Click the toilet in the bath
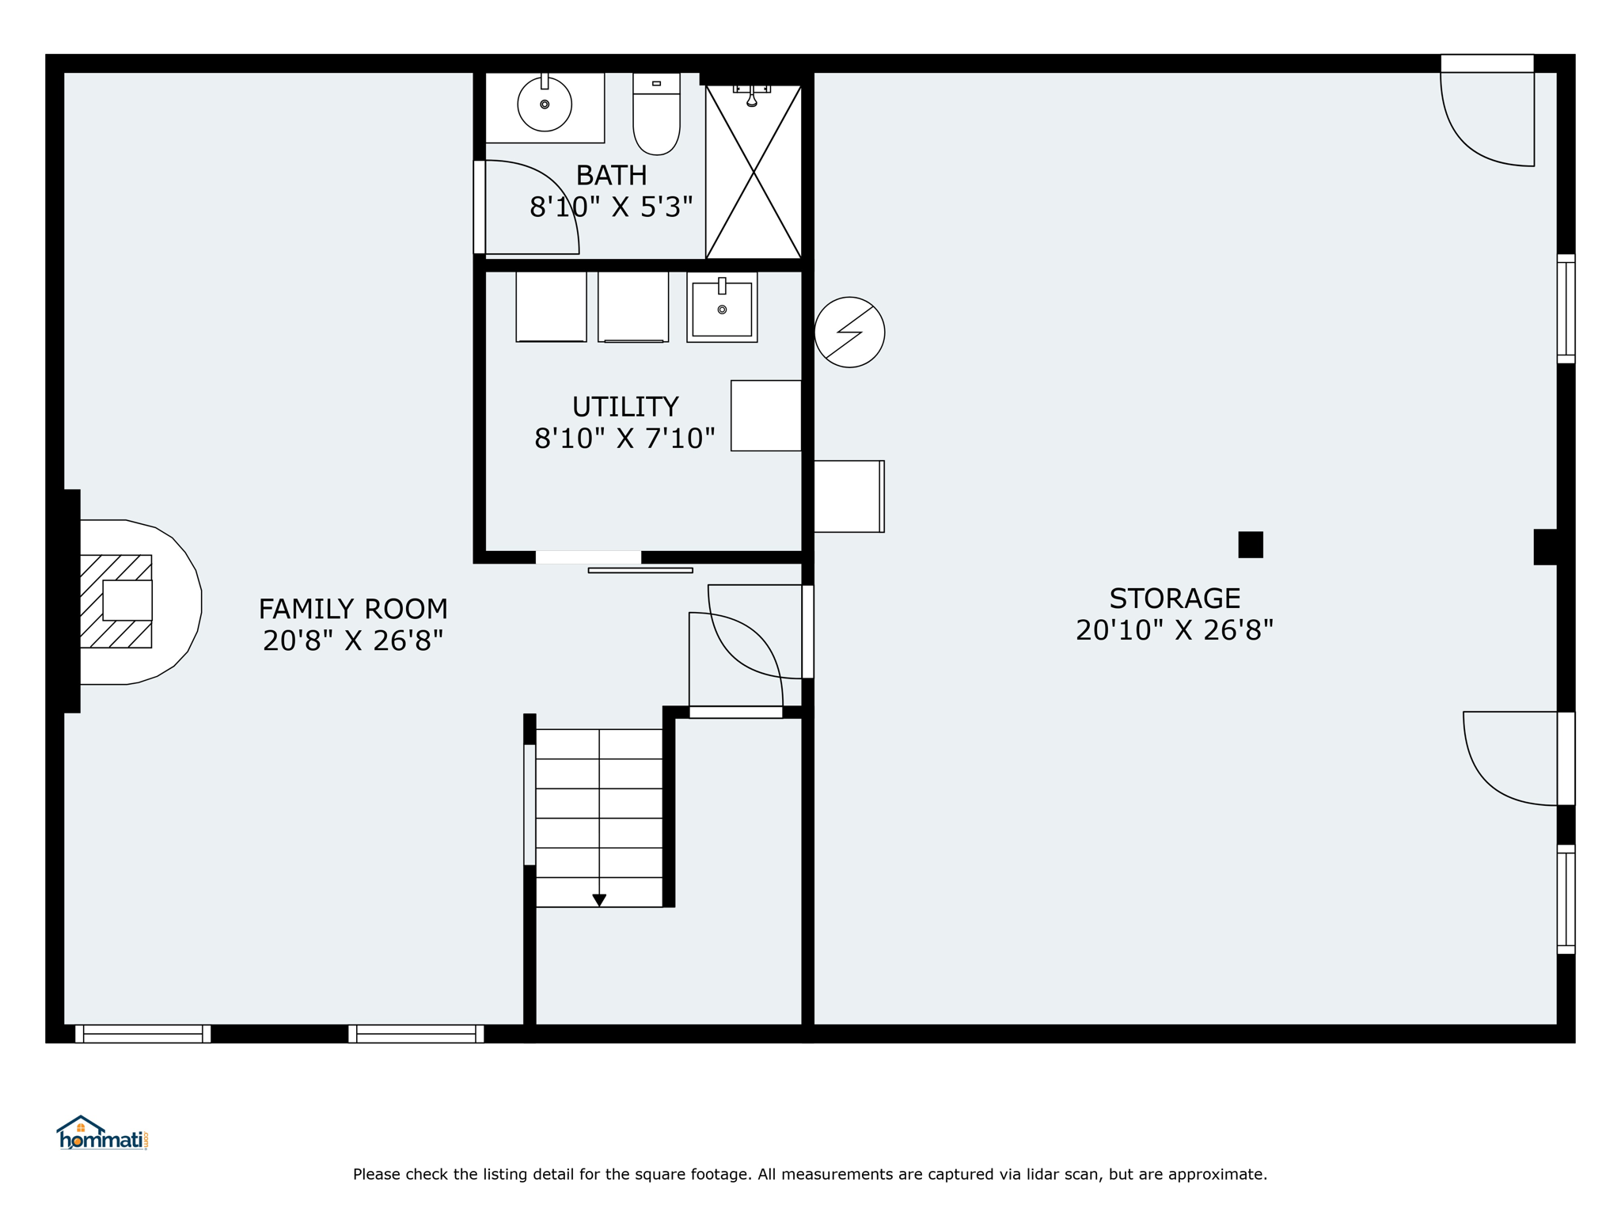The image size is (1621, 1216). (656, 114)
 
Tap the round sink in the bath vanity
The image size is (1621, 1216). (545, 104)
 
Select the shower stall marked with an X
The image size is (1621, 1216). (754, 172)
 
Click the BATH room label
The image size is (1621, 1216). (611, 175)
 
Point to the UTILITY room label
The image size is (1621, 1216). (625, 407)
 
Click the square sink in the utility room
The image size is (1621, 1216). (722, 307)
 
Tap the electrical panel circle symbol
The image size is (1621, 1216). (849, 332)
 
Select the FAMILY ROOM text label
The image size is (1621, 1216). (353, 609)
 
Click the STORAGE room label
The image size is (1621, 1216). (1175, 598)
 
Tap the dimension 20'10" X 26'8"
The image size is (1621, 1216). (1175, 630)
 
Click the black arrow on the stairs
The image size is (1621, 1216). (599, 900)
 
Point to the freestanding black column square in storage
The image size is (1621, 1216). (1251, 545)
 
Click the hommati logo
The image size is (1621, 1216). (102, 1133)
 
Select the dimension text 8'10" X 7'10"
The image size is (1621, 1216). (625, 439)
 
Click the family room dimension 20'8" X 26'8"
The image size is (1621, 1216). (353, 640)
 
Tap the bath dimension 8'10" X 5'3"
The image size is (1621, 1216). (611, 207)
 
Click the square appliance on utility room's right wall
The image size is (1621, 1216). (766, 416)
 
